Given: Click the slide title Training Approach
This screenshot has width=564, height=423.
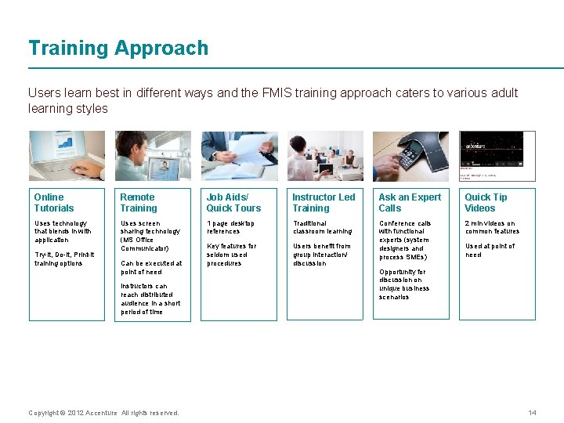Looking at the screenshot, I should tap(118, 49).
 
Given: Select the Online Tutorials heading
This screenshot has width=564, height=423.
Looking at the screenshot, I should tap(54, 203).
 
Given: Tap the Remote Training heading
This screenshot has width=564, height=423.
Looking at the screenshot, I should tap(139, 203).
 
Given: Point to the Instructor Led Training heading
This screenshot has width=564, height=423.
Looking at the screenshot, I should tap(323, 203).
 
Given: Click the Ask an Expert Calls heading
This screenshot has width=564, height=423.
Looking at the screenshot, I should tap(410, 203).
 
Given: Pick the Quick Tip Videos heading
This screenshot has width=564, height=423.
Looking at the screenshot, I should tap(486, 203).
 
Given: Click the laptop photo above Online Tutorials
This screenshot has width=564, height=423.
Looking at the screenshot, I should tap(67, 156).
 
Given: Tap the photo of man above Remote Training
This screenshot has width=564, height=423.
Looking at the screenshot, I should tap(153, 156).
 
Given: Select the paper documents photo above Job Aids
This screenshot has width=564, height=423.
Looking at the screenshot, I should tap(239, 156).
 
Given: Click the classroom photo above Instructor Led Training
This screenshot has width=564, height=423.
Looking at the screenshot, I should tap(324, 156).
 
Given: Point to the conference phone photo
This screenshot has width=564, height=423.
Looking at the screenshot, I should tap(410, 156).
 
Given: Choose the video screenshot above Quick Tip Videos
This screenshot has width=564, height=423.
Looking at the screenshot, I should tap(497, 156).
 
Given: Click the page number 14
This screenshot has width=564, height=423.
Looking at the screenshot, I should tap(532, 413).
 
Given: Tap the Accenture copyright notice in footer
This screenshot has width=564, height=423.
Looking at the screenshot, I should tap(103, 413).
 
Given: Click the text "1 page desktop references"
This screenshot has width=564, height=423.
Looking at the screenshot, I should tap(230, 227).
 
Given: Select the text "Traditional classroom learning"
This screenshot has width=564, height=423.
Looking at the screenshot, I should tap(323, 227).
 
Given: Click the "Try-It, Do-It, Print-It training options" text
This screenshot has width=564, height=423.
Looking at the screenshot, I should tap(63, 258).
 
